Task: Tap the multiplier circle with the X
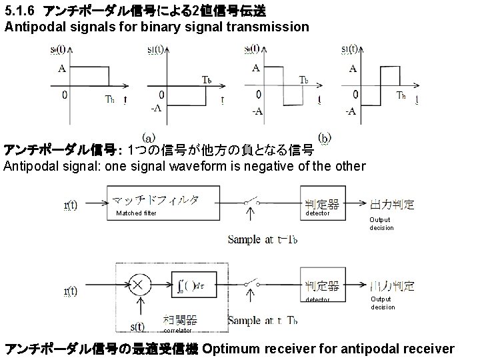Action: tap(139, 284)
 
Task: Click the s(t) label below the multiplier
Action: tap(139, 327)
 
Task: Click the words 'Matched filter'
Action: tap(136, 213)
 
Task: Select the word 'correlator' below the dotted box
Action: tap(177, 330)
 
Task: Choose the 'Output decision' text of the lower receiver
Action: tap(383, 303)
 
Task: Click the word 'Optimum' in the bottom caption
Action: tap(227, 348)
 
